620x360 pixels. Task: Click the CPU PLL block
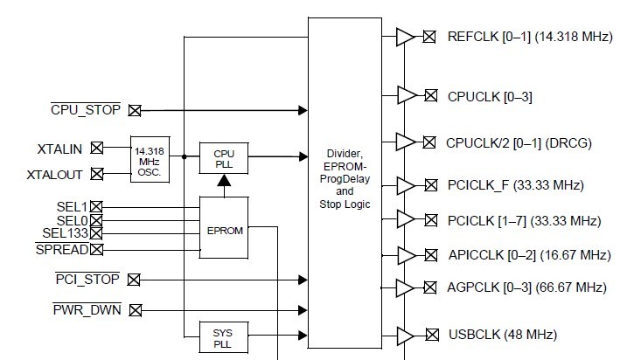pos(224,158)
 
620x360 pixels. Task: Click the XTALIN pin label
pos(59,148)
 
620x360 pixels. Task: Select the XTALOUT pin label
pos(54,175)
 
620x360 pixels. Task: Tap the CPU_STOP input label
pos(86,110)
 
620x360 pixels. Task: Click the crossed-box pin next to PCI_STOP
pos(134,280)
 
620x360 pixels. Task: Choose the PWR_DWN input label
pos(86,308)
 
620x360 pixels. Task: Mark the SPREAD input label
pos(62,250)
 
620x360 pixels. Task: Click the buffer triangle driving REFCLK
pos(406,37)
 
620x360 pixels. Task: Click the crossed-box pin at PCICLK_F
pos(430,185)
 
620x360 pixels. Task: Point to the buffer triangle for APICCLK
pos(406,255)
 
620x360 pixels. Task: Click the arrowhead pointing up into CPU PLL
pos(224,181)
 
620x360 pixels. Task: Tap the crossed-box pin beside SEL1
pos(96,206)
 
